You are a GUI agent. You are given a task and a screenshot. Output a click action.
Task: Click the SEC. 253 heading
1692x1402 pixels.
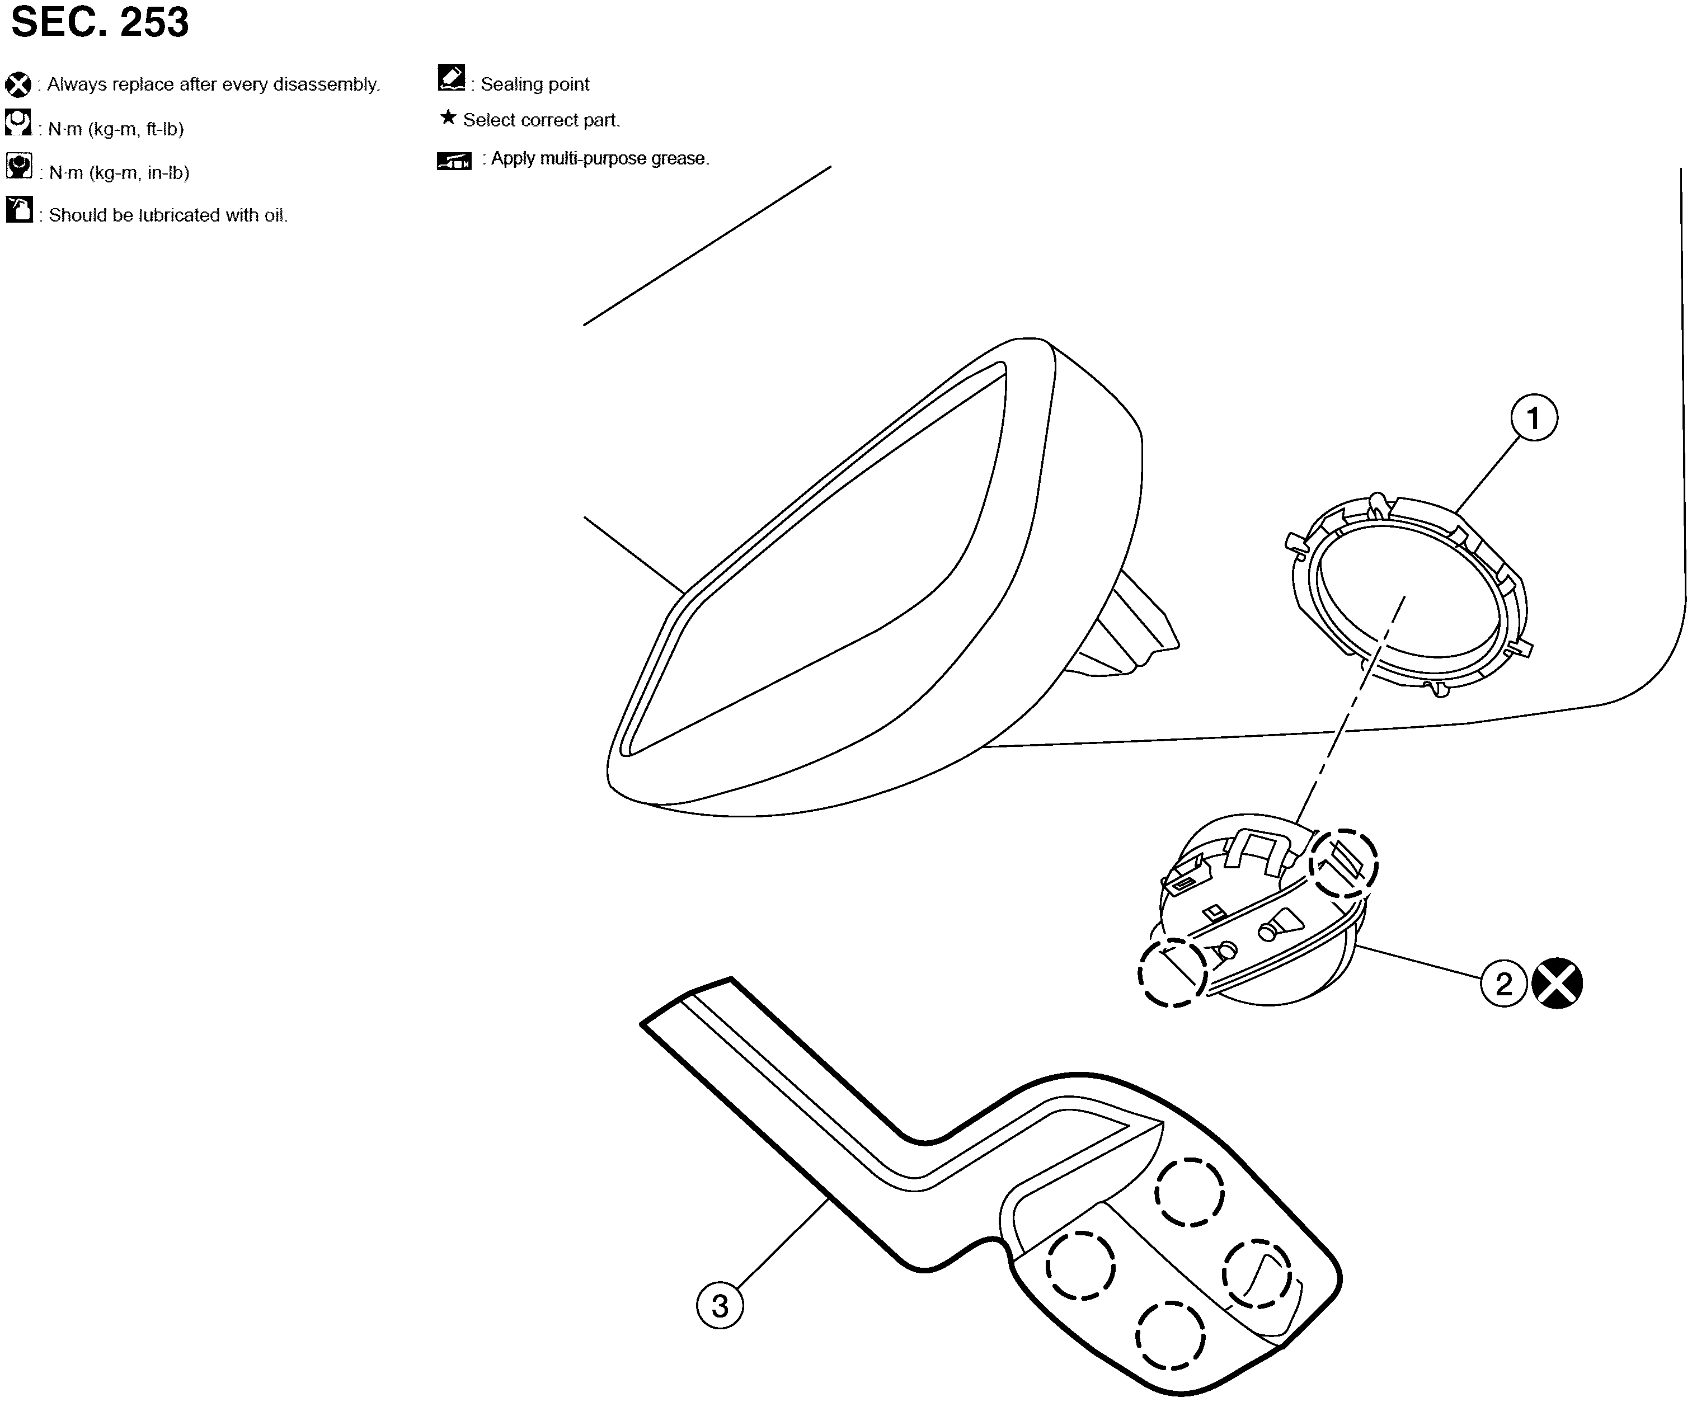point(100,22)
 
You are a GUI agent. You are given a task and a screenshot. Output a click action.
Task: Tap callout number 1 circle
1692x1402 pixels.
point(1533,418)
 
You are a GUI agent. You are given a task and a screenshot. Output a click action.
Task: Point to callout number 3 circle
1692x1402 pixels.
point(720,1306)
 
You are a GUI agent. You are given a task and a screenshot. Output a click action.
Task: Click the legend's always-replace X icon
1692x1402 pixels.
point(18,84)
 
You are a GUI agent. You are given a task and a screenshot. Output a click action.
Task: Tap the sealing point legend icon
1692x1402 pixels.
point(451,77)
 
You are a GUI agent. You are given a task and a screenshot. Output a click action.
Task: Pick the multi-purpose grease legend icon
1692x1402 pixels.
point(454,161)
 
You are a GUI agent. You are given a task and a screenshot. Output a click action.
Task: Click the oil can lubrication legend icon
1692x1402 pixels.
point(18,209)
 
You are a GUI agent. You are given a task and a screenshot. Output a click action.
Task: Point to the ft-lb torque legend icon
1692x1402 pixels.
point(18,123)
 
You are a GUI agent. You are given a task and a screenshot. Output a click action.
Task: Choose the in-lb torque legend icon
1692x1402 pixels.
point(18,166)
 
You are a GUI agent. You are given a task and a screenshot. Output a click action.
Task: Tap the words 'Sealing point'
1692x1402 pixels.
point(535,84)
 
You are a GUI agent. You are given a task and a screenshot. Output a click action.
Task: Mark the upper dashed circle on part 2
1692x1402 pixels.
point(1343,864)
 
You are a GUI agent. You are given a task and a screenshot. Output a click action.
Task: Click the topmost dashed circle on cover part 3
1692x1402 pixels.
point(1190,1193)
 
